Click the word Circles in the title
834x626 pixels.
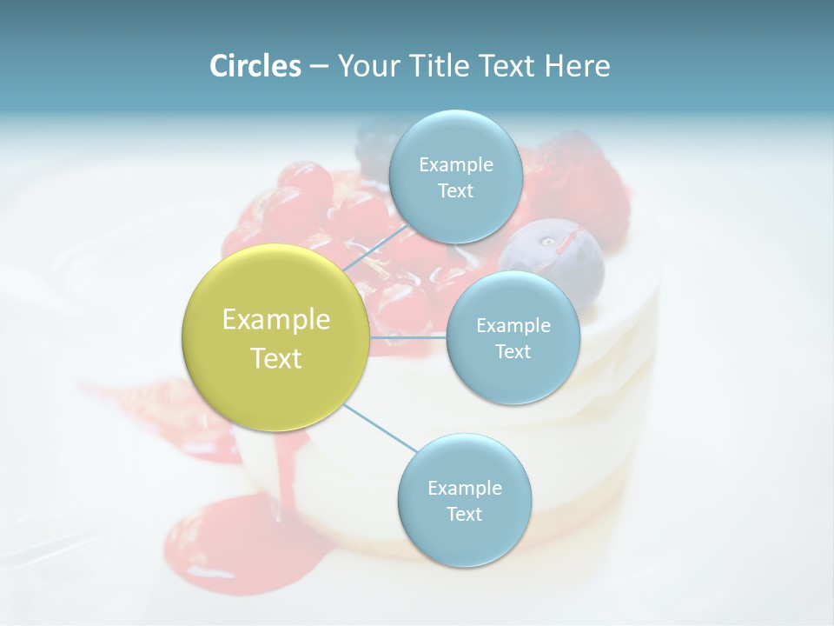[x=255, y=66]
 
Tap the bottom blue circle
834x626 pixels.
[x=464, y=539]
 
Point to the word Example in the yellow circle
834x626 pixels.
[x=276, y=320]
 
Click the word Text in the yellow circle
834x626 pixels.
[x=276, y=358]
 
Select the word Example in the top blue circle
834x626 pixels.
[x=456, y=164]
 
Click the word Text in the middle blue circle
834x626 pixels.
[x=513, y=351]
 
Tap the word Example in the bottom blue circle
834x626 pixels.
[x=465, y=488]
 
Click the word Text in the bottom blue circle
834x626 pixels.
[x=464, y=514]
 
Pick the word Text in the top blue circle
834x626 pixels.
[x=455, y=190]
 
